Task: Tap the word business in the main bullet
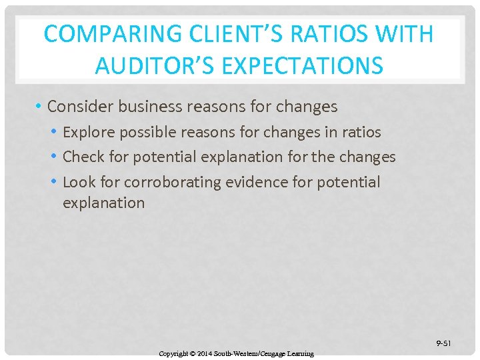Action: pyautogui.click(x=152, y=106)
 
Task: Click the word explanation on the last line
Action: pyautogui.click(x=103, y=203)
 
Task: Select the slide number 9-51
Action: pyautogui.click(x=443, y=343)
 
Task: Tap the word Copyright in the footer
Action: pyautogui.click(x=173, y=353)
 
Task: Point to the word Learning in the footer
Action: pyautogui.click(x=299, y=353)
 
